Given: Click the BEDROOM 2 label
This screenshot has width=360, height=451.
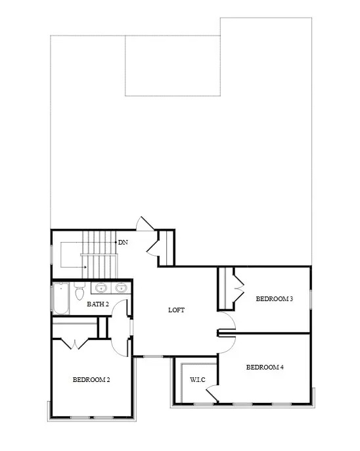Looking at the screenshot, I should (x=91, y=379).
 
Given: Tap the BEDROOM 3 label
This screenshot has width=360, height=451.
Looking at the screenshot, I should (x=274, y=299).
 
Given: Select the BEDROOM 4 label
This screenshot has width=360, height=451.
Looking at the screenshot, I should (x=265, y=367).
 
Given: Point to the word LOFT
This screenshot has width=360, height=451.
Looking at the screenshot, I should (x=176, y=310).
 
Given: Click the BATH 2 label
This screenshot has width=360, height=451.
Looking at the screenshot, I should (x=98, y=304).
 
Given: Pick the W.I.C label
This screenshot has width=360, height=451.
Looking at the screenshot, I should (x=197, y=379).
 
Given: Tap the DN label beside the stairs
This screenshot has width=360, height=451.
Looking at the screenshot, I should (x=123, y=242).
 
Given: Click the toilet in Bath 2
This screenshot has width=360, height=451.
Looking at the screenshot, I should (x=79, y=290).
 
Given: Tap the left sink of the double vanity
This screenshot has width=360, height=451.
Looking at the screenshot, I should (x=101, y=287).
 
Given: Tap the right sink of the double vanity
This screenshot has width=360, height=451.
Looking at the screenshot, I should (x=121, y=287).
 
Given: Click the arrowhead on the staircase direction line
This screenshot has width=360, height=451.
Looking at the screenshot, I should (x=85, y=267).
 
